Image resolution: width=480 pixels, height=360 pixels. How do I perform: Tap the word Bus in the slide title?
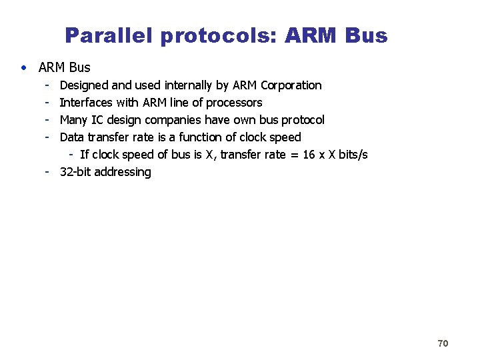point(365,35)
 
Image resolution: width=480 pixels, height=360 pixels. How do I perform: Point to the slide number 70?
point(443,343)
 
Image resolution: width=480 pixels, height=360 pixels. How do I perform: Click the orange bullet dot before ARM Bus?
point(24,67)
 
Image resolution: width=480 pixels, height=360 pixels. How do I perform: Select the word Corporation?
point(291,85)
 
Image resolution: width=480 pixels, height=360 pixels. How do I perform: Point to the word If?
point(84,155)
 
